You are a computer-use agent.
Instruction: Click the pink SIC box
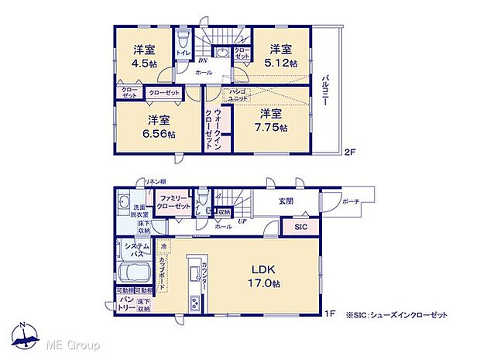301,227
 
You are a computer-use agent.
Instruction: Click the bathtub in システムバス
135,275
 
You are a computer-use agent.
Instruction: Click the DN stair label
202,60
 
